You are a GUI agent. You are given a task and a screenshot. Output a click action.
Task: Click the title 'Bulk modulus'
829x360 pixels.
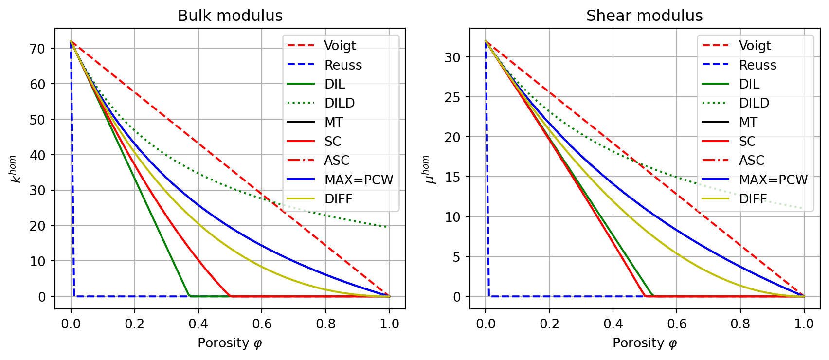pos(230,16)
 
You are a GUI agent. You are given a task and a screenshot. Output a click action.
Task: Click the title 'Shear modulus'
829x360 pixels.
pos(644,16)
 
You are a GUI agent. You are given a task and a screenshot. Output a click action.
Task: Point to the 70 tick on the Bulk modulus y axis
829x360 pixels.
pos(37,49)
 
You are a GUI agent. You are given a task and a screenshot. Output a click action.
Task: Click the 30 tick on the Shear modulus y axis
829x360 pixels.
pos(452,57)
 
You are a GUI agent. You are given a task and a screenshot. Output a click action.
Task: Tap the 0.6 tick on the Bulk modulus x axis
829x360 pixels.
pos(262,324)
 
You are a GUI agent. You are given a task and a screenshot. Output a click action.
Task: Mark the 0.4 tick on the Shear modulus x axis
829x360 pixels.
pos(613,324)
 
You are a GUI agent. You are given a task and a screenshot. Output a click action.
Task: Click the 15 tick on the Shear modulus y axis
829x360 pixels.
pos(452,177)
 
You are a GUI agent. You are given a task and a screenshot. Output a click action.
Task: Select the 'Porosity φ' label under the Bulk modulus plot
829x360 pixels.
pos(230,343)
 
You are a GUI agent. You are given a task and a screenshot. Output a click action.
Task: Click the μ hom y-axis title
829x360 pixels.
pos(428,169)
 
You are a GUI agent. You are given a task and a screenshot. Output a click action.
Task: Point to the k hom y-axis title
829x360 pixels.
pos(15,169)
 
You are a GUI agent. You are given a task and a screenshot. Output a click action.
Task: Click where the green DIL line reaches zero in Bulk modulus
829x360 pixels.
pos(189,296)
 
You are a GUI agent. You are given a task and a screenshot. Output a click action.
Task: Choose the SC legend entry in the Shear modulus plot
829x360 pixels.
pos(747,142)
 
